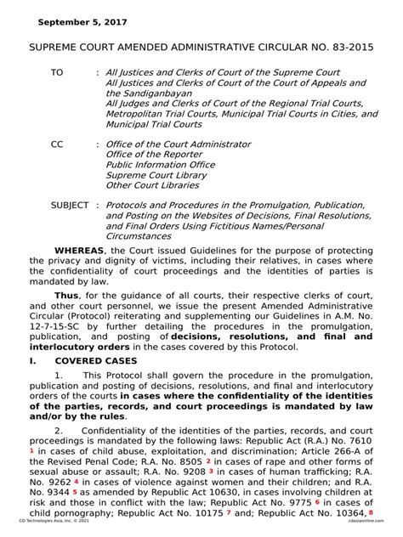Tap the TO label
coord(57,73)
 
